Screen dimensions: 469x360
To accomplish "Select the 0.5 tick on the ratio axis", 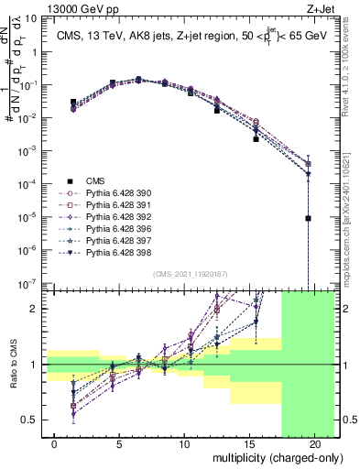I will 31,420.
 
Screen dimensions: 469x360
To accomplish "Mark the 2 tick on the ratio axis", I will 35,309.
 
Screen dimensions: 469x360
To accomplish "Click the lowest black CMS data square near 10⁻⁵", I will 309,218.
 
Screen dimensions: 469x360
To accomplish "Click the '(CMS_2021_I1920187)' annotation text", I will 190,273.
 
